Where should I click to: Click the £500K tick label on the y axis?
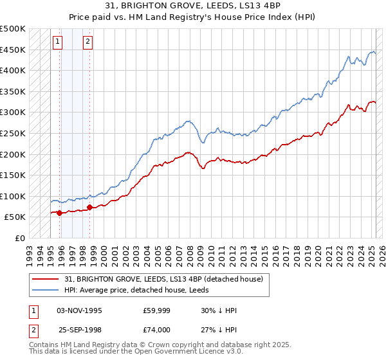13,29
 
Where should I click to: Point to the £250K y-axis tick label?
13,133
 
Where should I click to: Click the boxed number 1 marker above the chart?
57,42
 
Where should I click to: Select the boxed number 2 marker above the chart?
87,42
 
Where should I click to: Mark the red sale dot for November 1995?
59,213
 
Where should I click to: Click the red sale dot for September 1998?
89,207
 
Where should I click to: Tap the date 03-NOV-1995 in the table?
80,310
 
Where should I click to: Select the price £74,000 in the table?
157,330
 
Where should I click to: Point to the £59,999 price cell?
157,310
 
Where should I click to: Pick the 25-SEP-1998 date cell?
80,330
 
